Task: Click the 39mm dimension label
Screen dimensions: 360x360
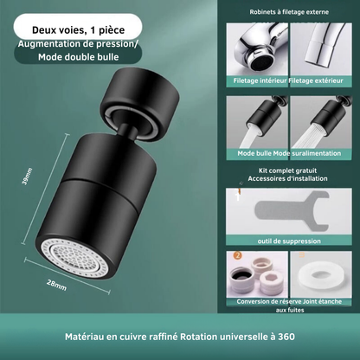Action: [x=28, y=177]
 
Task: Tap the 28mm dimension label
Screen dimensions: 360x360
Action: [x=57, y=286]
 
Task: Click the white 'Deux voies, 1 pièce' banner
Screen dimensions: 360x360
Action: [x=78, y=27]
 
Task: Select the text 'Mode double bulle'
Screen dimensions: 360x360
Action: [x=79, y=57]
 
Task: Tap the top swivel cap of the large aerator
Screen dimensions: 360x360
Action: [x=139, y=96]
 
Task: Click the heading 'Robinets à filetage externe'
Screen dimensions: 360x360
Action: [x=289, y=12]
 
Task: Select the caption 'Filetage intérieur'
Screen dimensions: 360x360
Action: [x=260, y=80]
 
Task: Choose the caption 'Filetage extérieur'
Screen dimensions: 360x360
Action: [x=316, y=80]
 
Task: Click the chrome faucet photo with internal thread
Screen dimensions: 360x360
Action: [x=257, y=49]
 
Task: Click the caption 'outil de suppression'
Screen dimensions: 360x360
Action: [x=289, y=241]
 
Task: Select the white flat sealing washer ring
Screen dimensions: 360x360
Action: [x=321, y=273]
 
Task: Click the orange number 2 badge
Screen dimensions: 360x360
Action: [x=237, y=255]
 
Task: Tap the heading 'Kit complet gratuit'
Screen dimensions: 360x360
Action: [x=287, y=170]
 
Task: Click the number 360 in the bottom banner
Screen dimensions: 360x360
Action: [x=286, y=337]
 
